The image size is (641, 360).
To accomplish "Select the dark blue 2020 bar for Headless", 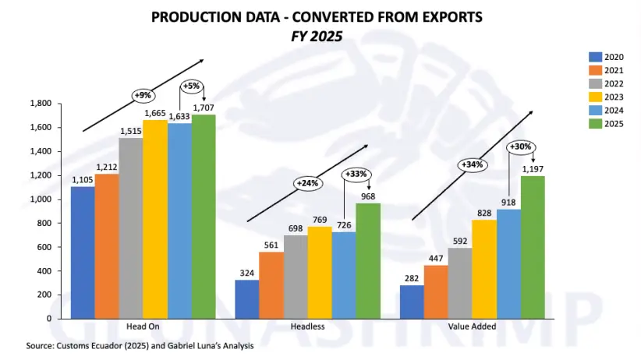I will point(246,299).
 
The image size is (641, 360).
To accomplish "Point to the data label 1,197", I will point(533,169).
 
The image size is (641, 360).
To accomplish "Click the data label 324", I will point(246,274).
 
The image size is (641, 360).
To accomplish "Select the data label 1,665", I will point(154,113).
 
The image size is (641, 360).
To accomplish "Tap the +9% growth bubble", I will point(143,95).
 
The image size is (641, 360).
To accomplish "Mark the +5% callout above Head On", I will point(193,86).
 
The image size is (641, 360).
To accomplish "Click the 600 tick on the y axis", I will point(44,247).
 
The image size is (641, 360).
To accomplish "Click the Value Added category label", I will point(471,326).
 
